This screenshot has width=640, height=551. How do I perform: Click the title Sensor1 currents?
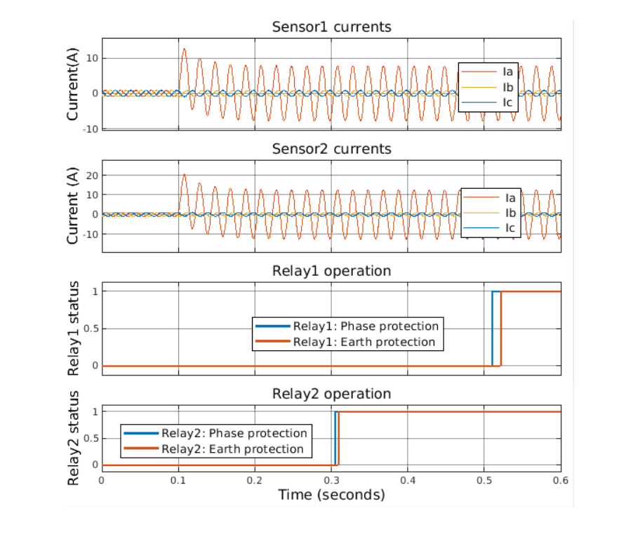331,27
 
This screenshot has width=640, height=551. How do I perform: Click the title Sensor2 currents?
331,149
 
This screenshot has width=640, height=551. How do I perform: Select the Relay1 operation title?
331,271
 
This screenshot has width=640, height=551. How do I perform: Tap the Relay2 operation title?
331,394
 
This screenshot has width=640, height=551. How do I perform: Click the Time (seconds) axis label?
331,495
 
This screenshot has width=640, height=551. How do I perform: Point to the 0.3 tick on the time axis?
255,480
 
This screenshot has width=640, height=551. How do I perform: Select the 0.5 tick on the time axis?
484,480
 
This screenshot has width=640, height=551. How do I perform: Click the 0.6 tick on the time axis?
561,480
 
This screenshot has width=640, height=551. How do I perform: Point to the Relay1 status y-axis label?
73,328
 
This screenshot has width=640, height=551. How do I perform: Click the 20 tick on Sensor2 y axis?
91,175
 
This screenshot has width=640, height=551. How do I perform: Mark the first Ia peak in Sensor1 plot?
184,48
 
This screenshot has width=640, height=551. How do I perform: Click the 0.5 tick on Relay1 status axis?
89,328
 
